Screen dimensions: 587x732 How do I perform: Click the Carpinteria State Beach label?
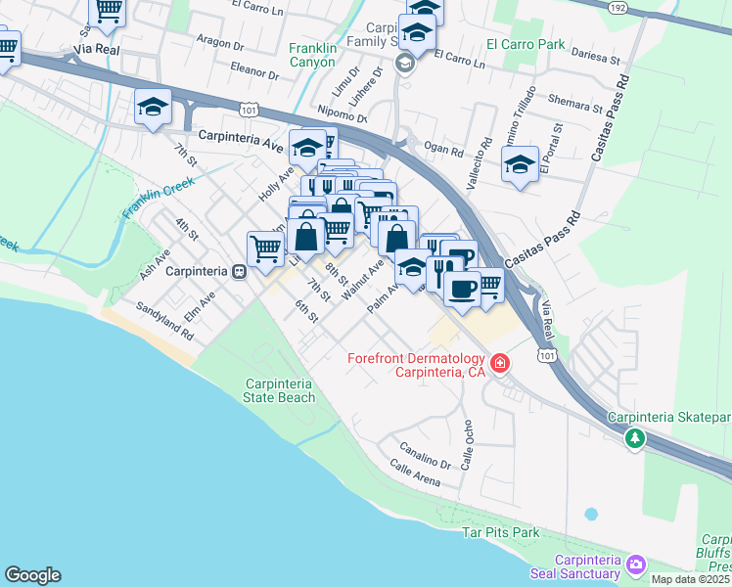[280, 389]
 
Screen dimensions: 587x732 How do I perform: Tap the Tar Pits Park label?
[500, 533]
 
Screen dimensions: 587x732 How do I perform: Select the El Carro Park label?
[526, 45]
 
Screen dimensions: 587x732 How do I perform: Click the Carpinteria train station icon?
[239, 271]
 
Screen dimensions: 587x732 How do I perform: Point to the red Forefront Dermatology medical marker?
[500, 364]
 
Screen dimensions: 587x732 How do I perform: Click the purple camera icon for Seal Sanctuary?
[636, 564]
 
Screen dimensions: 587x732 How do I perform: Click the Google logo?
[32, 575]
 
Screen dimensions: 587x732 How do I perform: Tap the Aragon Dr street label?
[219, 43]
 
